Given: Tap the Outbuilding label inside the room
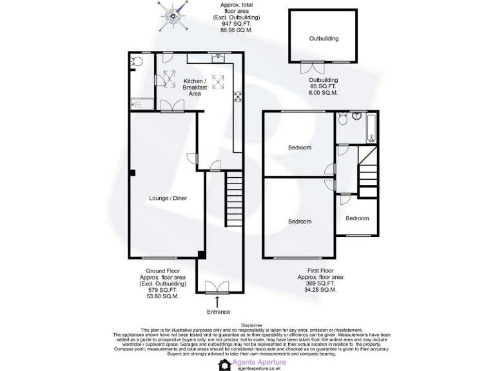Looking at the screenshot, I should [324, 39].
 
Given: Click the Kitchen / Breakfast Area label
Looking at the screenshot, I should [195, 87].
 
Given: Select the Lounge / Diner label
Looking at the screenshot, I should [168, 198].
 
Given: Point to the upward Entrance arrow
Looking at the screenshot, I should [218, 300].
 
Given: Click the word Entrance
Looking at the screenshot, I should [218, 312].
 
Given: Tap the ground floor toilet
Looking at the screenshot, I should [135, 62].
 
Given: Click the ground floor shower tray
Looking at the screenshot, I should [141, 104].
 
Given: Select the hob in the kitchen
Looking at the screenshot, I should [238, 97].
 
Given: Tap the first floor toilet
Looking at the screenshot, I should [342, 120].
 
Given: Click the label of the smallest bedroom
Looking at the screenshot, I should [357, 218].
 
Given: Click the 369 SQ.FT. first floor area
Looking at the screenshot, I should [320, 283].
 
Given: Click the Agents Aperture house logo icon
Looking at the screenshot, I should [225, 364].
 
